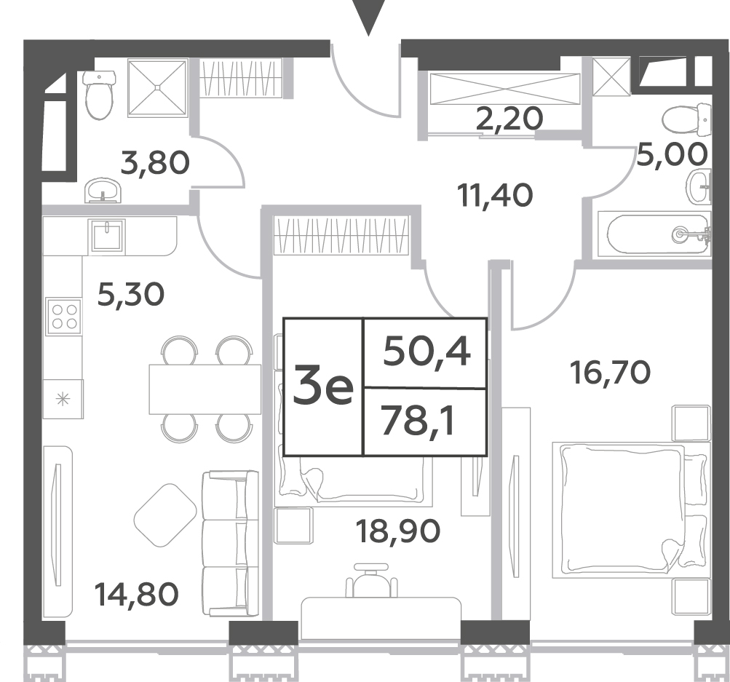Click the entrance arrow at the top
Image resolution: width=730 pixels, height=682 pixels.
[369, 16]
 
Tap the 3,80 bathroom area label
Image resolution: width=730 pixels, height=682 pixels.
[155, 163]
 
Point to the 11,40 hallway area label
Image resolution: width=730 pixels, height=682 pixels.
[495, 195]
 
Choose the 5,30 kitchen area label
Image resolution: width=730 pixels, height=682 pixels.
[131, 295]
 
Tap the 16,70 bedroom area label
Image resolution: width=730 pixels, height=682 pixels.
[611, 373]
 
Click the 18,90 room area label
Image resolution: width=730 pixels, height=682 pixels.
[397, 531]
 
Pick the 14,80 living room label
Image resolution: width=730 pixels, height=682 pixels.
[136, 595]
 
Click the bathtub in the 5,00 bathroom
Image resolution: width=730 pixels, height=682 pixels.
[654, 234]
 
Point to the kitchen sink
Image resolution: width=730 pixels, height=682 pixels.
[108, 236]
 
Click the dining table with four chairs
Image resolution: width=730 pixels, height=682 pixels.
[205, 389]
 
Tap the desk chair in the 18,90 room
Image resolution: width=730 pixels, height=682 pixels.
[371, 580]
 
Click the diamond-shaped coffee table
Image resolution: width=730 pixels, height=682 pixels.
[165, 515]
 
